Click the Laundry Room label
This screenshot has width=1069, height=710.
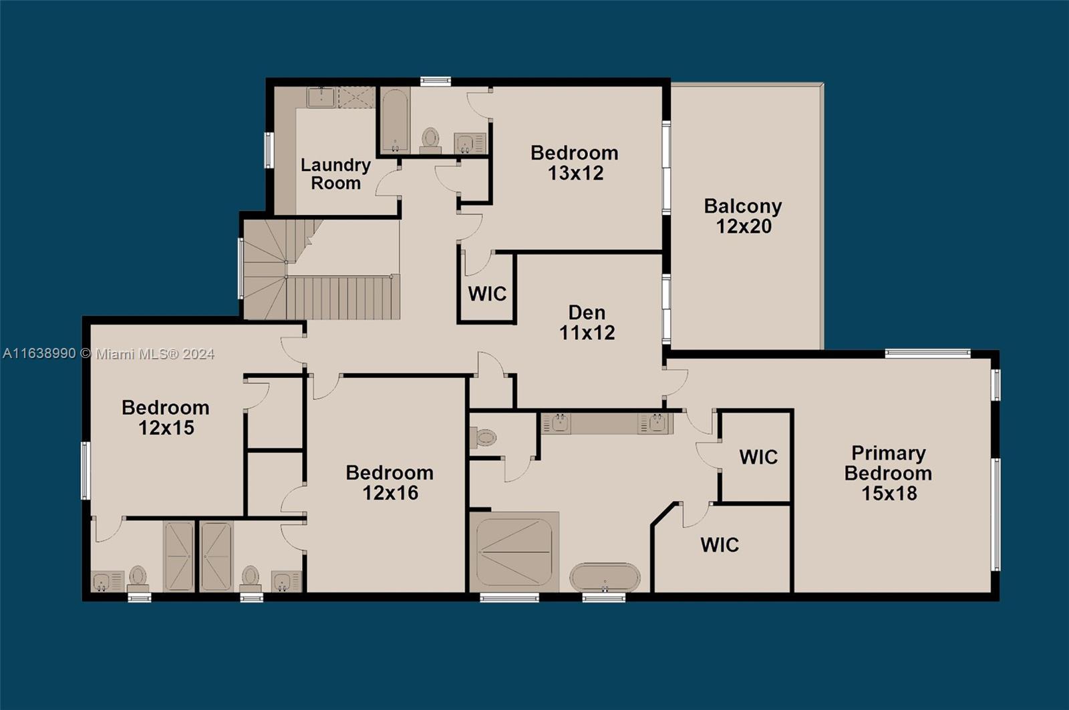pyautogui.click(x=335, y=174)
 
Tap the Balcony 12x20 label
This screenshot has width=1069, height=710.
pyautogui.click(x=743, y=216)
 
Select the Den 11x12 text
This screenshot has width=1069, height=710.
pyautogui.click(x=587, y=323)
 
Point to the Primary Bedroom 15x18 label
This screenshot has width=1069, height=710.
pyautogui.click(x=888, y=473)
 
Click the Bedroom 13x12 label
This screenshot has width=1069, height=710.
pyautogui.click(x=575, y=162)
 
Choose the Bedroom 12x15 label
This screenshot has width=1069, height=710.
pyautogui.click(x=166, y=417)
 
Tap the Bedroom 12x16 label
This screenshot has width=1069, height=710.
pyautogui.click(x=390, y=482)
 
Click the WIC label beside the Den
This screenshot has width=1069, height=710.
pyautogui.click(x=487, y=294)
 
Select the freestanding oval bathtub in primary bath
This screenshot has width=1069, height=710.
pyautogui.click(x=605, y=577)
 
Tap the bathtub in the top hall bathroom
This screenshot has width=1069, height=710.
pyautogui.click(x=395, y=120)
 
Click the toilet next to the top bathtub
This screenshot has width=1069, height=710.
pyautogui.click(x=431, y=139)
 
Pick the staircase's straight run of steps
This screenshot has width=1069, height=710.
pyautogui.click(x=342, y=298)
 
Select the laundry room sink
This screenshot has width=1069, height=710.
pyautogui.click(x=321, y=98)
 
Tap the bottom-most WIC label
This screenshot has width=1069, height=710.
pyautogui.click(x=720, y=545)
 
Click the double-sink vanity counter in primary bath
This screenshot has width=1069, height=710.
pyautogui.click(x=607, y=423)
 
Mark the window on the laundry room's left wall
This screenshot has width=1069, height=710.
pyautogui.click(x=269, y=150)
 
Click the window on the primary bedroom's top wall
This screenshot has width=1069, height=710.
pyautogui.click(x=927, y=353)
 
